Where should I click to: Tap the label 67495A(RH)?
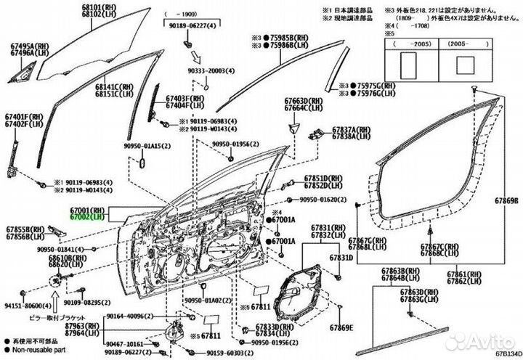point(24,44)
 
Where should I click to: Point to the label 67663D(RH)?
point(304,100)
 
